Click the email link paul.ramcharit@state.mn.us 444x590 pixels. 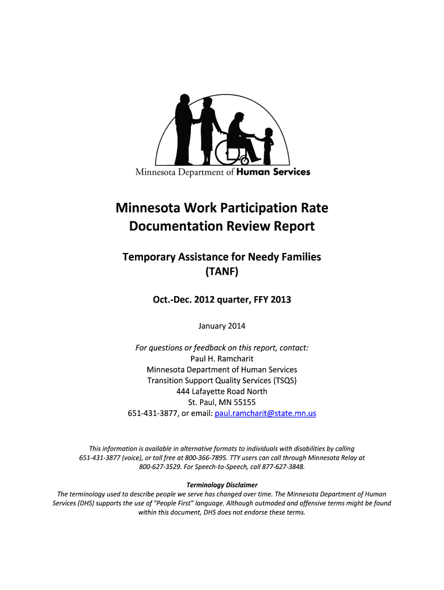coord(265,413)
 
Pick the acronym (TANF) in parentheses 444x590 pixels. coord(222,271)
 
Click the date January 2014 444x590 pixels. coord(222,326)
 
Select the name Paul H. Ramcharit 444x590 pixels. coord(222,358)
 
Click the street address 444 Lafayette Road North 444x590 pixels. coord(222,391)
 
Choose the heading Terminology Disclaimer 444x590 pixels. coord(222,485)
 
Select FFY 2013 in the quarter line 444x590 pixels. coord(272,299)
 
